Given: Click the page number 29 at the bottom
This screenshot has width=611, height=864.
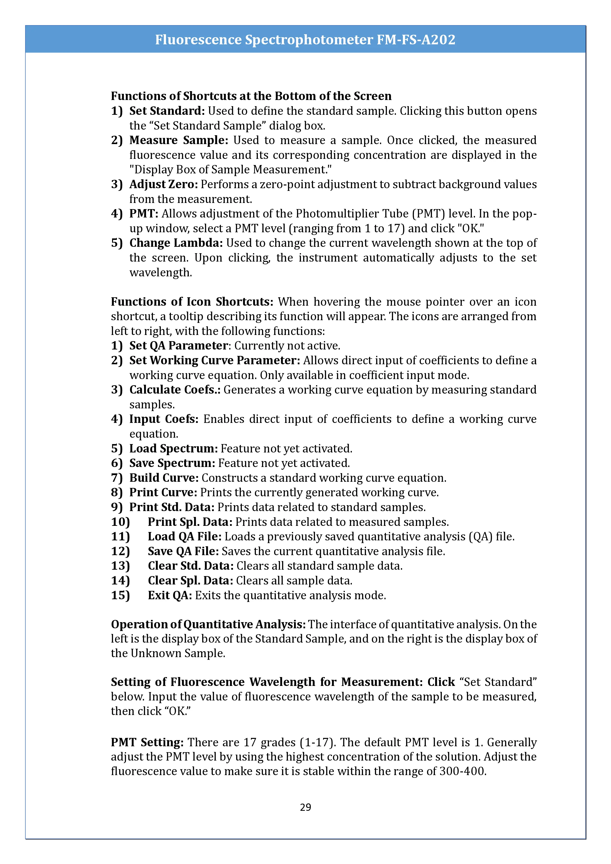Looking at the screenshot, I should pyautogui.click(x=305, y=807).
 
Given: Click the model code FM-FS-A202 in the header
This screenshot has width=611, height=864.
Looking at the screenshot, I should pyautogui.click(x=416, y=39).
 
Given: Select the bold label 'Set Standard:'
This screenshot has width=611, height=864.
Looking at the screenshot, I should pyautogui.click(x=167, y=111).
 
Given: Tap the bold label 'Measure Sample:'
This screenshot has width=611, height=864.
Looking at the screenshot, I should pyautogui.click(x=179, y=140).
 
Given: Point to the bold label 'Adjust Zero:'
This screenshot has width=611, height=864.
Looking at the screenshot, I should pyautogui.click(x=164, y=184).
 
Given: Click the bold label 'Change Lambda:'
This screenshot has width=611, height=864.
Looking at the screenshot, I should pyautogui.click(x=176, y=243).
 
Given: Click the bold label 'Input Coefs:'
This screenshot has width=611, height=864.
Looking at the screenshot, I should pyautogui.click(x=164, y=419).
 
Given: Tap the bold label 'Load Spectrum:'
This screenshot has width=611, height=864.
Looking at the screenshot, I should pyautogui.click(x=173, y=449).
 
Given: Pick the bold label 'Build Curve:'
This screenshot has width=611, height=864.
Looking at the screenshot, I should pyautogui.click(x=164, y=478).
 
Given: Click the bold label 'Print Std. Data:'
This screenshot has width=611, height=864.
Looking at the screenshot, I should pyautogui.click(x=172, y=507).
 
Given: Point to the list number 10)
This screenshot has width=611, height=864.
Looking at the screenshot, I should pyautogui.click(x=120, y=522).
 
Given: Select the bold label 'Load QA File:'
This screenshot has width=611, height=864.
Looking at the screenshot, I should pyautogui.click(x=185, y=537).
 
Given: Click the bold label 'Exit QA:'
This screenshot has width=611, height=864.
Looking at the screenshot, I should pyautogui.click(x=170, y=595).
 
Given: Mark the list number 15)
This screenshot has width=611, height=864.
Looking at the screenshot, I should pyautogui.click(x=120, y=595).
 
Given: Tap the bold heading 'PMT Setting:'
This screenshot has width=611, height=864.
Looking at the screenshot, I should pyautogui.click(x=147, y=742).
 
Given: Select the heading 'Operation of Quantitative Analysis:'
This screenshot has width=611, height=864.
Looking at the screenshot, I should pyautogui.click(x=208, y=625).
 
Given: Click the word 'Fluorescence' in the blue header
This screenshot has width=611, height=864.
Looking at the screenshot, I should pyautogui.click(x=198, y=39).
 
